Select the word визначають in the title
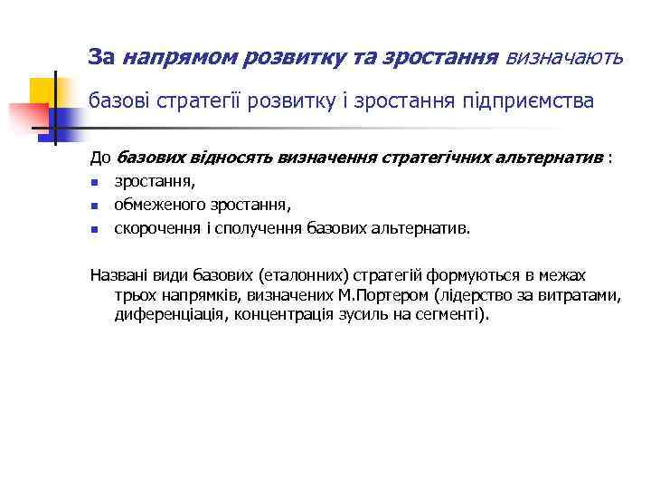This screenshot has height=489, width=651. pos(564,58)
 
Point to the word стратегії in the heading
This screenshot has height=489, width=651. pos(196,101)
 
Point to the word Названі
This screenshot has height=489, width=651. pos(118,275)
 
